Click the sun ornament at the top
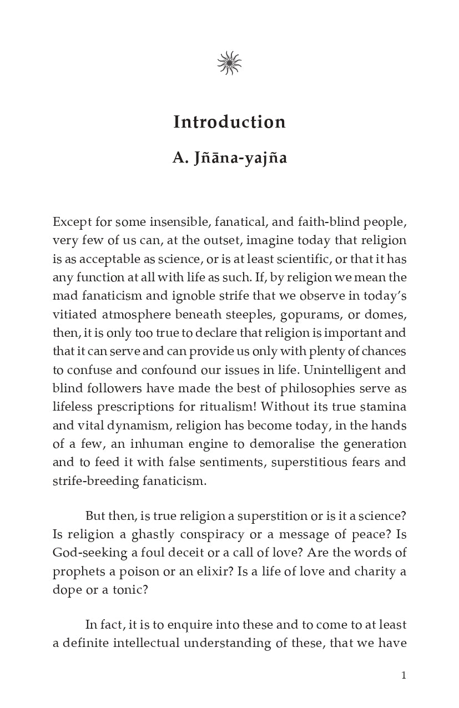pos(229,63)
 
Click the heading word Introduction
pos(229,122)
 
